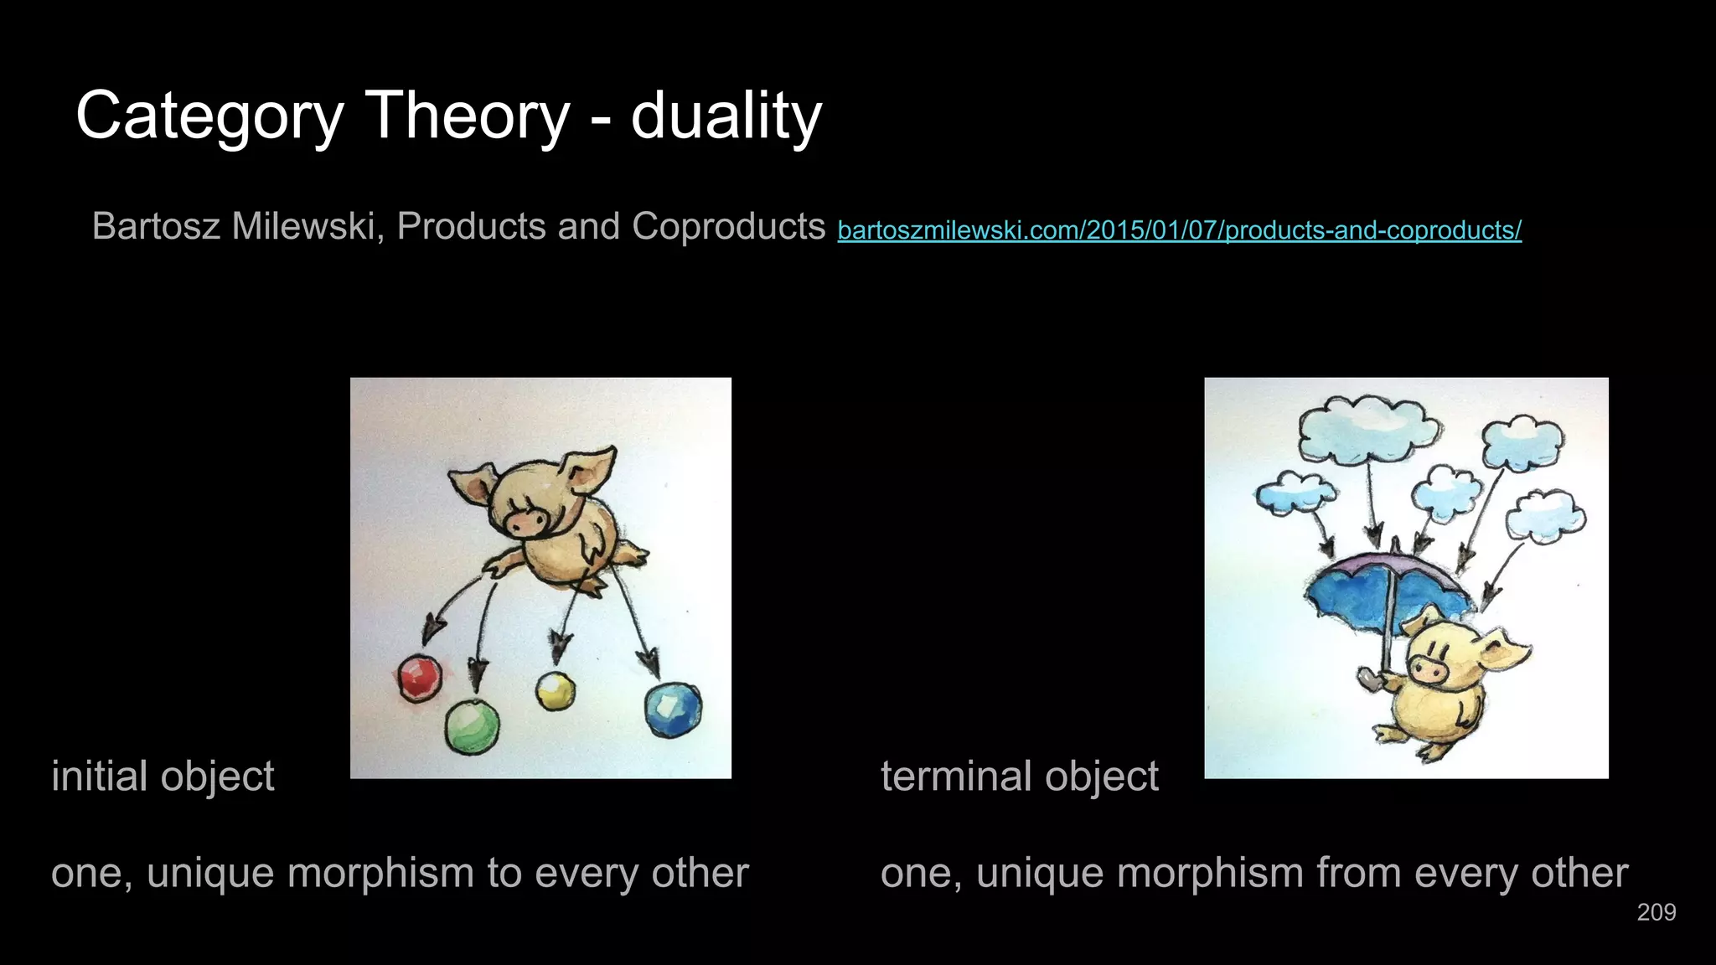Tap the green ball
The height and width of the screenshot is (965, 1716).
(472, 725)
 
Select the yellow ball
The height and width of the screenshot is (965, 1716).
(556, 690)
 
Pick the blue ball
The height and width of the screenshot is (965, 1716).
(673, 710)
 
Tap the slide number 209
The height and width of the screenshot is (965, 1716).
(1656, 912)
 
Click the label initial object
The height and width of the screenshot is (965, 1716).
(163, 776)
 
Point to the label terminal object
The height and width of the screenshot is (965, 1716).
(1019, 776)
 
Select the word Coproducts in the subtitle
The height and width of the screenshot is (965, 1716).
(728, 226)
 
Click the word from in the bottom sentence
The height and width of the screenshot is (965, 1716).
(1358, 873)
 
